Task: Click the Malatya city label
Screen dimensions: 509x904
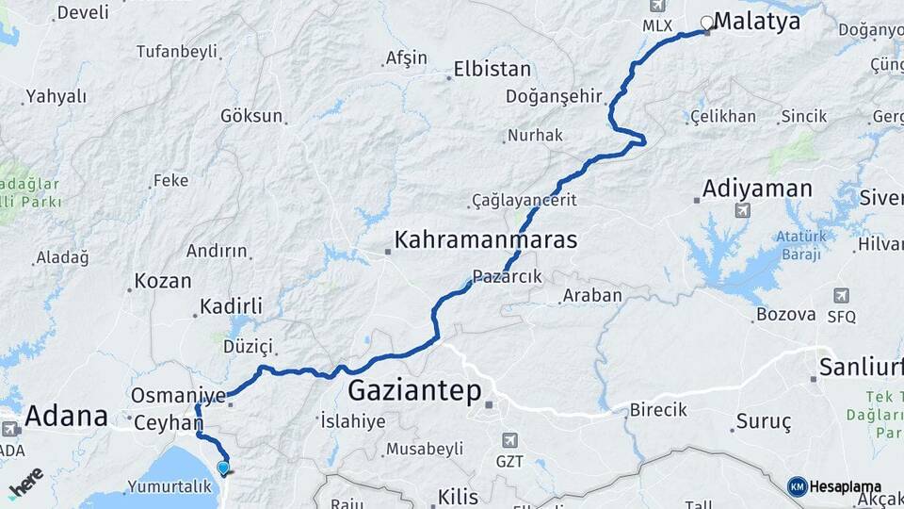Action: pos(758,21)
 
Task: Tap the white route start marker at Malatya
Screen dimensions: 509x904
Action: pos(706,22)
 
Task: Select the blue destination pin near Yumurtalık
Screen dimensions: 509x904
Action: pos(222,468)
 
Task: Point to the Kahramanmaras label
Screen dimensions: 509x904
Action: pos(485,239)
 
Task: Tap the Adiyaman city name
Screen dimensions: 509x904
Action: pos(758,189)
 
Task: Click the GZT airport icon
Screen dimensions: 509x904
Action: pos(509,440)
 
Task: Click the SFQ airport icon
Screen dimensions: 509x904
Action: pos(840,295)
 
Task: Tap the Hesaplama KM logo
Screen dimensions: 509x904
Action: pos(797,486)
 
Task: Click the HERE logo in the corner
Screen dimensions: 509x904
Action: pos(24,483)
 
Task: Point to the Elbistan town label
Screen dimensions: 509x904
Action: pos(492,69)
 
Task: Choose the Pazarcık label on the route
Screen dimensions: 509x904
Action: pos(508,276)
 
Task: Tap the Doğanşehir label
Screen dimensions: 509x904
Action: pos(553,96)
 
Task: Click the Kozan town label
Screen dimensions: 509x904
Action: pos(162,281)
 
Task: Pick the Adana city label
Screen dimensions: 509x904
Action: pos(66,416)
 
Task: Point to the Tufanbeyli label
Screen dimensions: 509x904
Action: pos(176,51)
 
